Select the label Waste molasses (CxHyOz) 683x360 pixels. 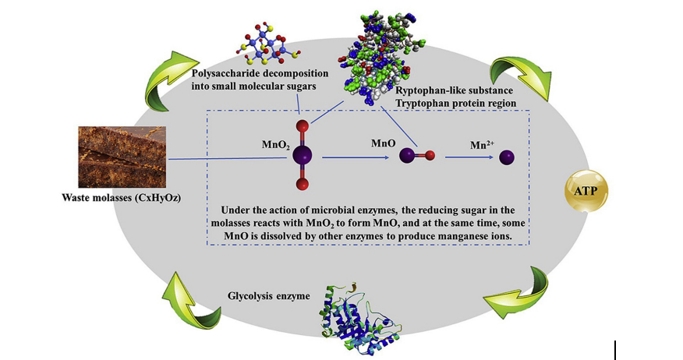coord(122,198)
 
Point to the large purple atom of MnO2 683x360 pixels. coord(302,154)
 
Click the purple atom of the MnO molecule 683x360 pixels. coord(407,157)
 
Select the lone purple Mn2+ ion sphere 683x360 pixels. coord(508,158)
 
